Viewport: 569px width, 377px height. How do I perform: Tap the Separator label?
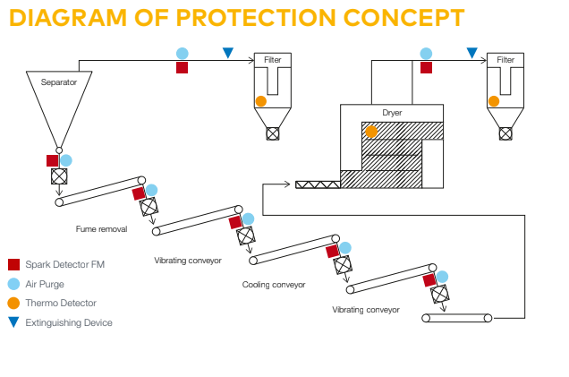tap(59, 82)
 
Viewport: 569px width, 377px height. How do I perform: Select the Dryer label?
tap(392, 113)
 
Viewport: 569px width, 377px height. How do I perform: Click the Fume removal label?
tap(101, 229)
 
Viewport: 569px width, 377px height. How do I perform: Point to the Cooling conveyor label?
tap(274, 285)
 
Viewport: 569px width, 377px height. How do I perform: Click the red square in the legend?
tap(13, 264)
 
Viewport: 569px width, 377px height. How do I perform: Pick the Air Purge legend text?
tap(45, 284)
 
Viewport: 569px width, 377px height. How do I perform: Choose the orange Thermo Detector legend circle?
tap(13, 303)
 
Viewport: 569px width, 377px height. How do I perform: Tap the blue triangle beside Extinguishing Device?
tap(13, 321)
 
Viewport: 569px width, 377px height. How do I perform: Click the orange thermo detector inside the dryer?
tap(370, 132)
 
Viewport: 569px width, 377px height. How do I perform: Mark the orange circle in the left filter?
tap(260, 101)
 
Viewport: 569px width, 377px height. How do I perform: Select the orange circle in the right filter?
tap(493, 101)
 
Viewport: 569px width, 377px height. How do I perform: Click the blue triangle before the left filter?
tap(228, 54)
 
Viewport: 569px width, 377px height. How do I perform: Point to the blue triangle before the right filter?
tap(471, 54)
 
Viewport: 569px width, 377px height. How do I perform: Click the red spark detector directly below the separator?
tap(53, 161)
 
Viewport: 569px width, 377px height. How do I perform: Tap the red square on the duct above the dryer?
tap(426, 67)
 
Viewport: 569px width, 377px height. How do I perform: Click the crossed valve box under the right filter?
tap(505, 133)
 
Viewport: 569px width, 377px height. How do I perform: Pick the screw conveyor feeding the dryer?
tap(318, 184)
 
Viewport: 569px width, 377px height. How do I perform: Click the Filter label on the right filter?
tap(505, 60)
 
